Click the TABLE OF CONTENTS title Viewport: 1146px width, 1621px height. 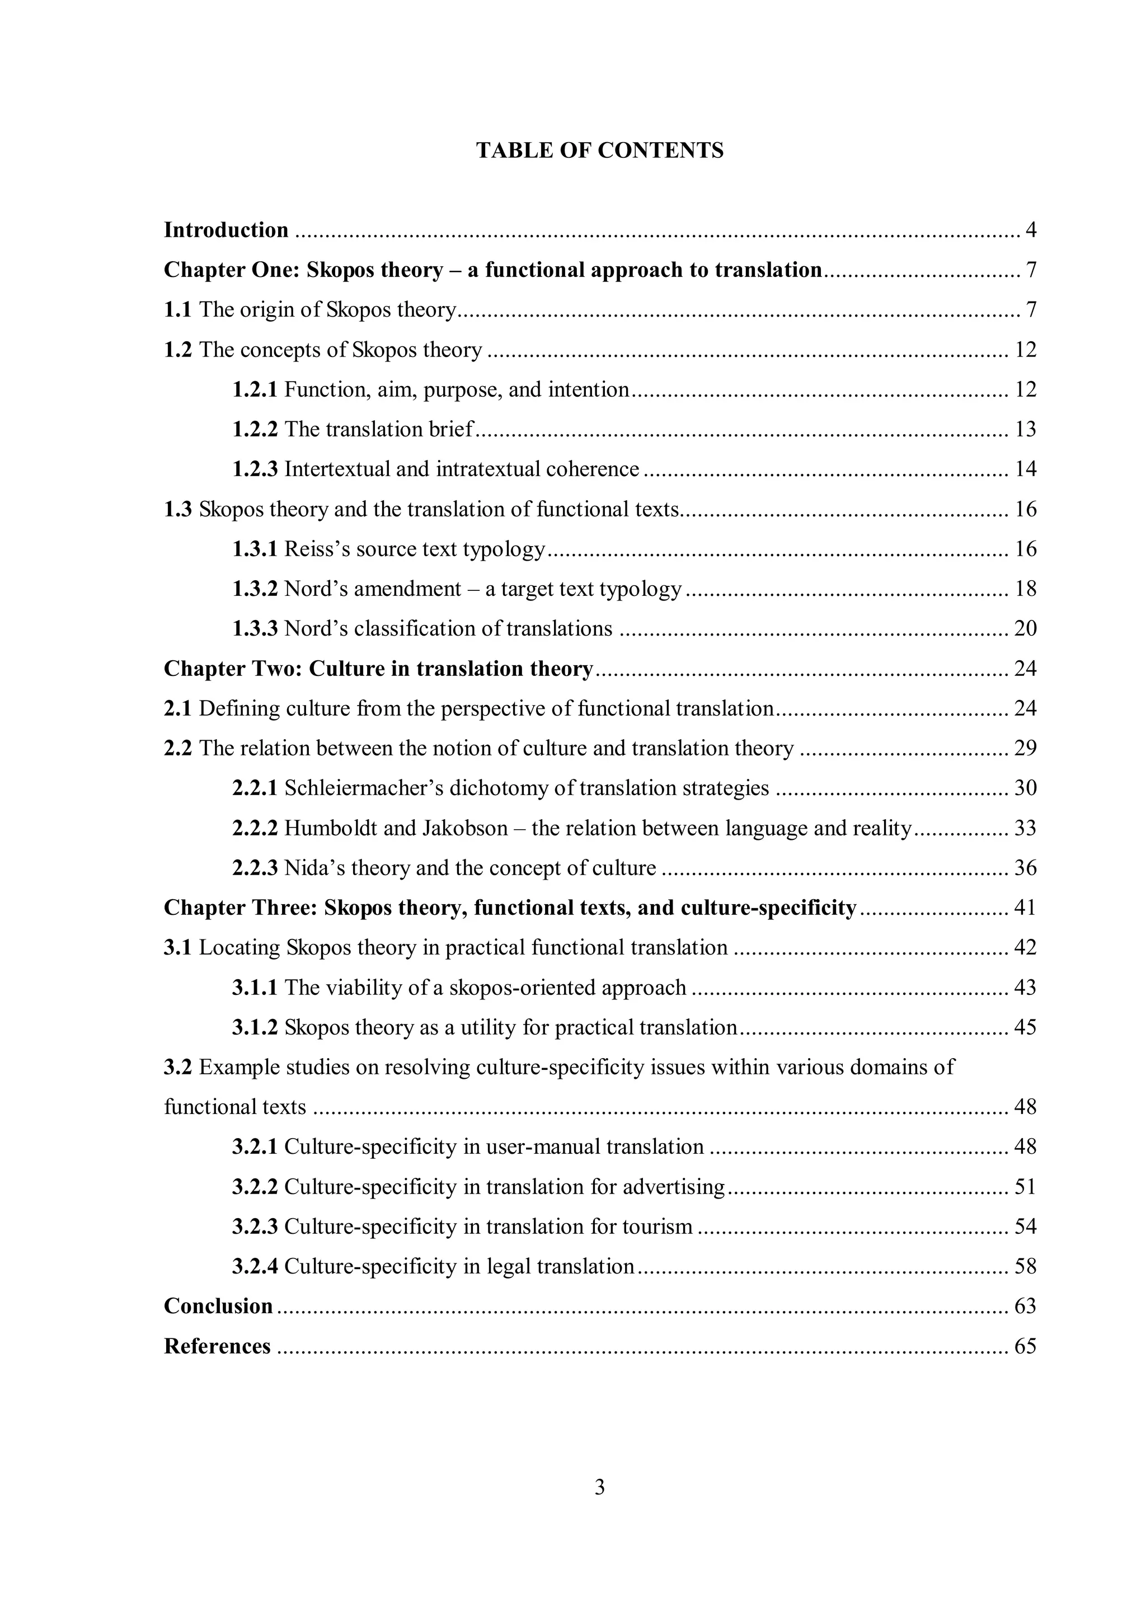(x=599, y=151)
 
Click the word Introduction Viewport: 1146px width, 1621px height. (x=226, y=230)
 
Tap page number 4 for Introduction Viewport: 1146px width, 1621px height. (x=1030, y=230)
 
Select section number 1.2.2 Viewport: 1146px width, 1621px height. (x=255, y=429)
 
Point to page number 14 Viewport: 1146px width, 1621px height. (x=1025, y=469)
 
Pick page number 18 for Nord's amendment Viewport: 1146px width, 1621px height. (x=1025, y=589)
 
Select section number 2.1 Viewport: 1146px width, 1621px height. (x=177, y=709)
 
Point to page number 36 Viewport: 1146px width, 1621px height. (x=1025, y=868)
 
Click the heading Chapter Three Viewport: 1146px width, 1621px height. (x=241, y=908)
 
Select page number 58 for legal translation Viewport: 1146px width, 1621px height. (x=1025, y=1267)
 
